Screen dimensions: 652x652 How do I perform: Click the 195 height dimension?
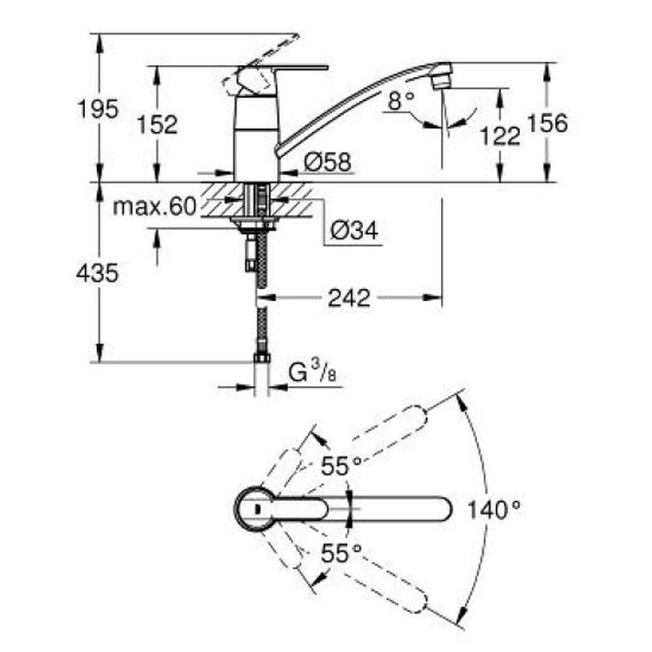(98, 109)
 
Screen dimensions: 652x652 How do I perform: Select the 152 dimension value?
(157, 124)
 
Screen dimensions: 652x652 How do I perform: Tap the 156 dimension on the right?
(547, 123)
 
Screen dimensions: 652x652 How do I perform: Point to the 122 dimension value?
(500, 136)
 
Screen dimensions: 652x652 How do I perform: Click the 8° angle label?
(401, 100)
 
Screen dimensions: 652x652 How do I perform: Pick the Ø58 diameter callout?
(328, 162)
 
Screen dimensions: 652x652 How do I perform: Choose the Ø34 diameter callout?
(354, 231)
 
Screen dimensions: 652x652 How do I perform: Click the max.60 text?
(154, 206)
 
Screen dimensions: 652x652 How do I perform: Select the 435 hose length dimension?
(97, 273)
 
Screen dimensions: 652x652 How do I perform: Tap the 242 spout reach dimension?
(349, 298)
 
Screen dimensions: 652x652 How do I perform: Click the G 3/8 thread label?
(312, 371)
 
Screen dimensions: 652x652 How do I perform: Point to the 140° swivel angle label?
(494, 510)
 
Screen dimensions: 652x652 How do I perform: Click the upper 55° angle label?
(341, 465)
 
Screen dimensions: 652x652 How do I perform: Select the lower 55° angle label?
(341, 553)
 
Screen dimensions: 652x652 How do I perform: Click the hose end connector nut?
(262, 358)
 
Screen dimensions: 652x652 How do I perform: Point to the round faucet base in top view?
(255, 509)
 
